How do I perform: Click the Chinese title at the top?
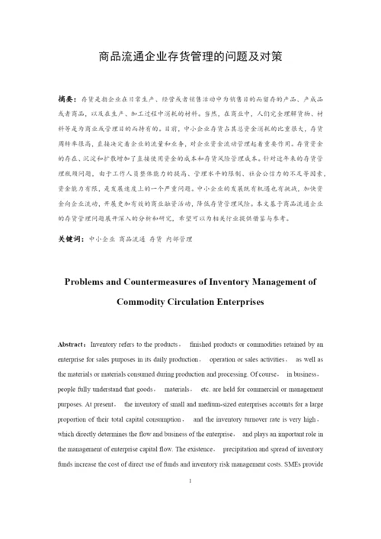(190, 56)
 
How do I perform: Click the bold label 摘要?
(67, 99)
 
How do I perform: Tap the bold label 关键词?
(70, 239)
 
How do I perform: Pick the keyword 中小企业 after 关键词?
(101, 239)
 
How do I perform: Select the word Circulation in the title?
(194, 301)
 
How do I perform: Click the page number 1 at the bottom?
(190, 481)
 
